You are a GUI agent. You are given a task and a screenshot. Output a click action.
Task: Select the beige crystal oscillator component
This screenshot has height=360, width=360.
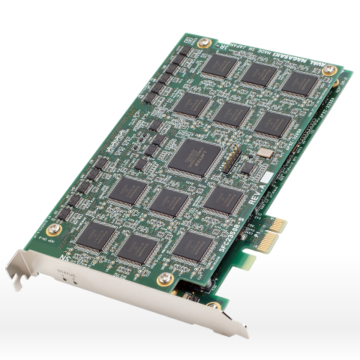(x=264, y=154)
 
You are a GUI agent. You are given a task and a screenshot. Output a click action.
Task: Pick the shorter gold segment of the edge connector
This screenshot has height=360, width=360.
(x=277, y=224)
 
